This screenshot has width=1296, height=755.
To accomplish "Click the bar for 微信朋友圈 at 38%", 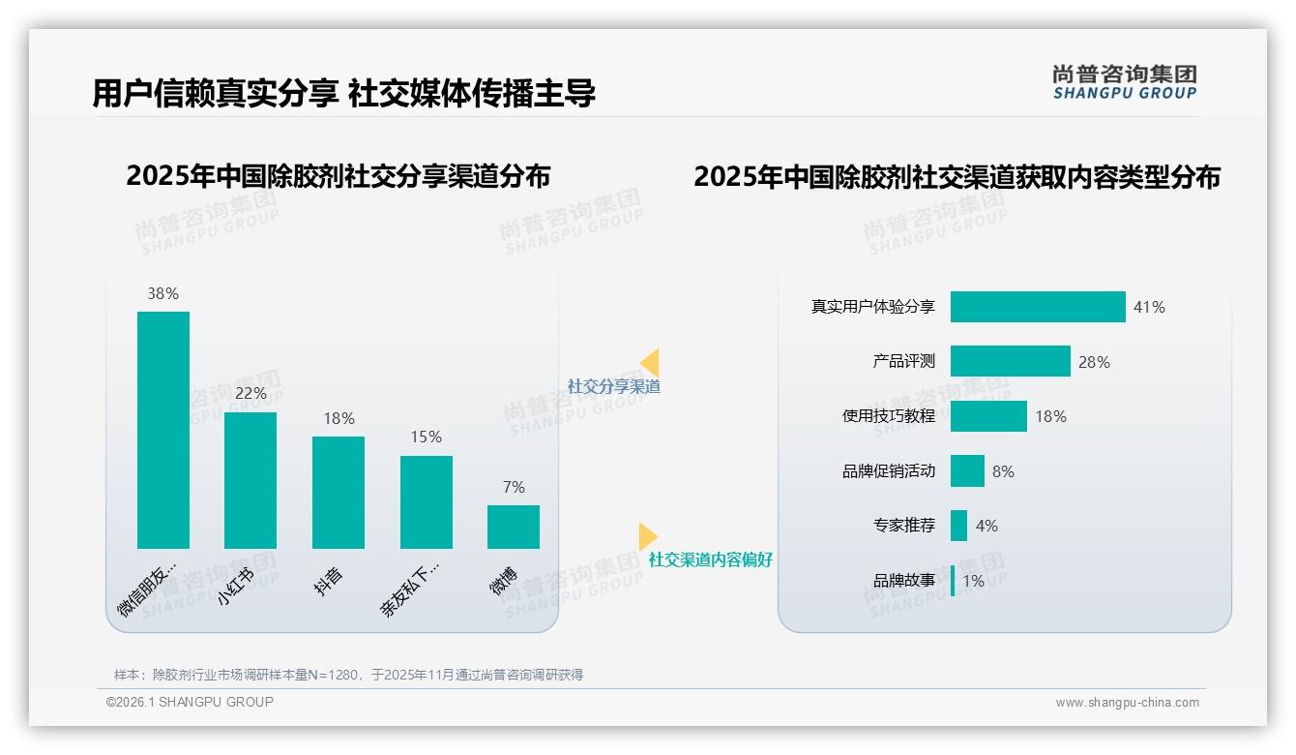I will click(x=163, y=430).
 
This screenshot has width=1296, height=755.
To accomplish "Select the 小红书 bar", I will click(x=250, y=480).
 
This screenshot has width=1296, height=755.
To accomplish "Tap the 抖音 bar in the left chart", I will click(x=339, y=492).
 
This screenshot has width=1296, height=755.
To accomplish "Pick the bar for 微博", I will click(x=514, y=527).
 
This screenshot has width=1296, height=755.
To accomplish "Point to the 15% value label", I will click(x=426, y=438).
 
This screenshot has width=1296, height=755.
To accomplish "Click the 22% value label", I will click(x=250, y=394).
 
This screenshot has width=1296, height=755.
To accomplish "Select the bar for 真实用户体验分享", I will click(x=1038, y=307).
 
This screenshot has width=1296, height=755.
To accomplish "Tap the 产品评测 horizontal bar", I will click(x=1010, y=361).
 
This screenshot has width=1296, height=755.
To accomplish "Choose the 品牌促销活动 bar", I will click(x=967, y=471).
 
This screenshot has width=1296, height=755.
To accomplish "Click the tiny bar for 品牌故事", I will click(x=953, y=581).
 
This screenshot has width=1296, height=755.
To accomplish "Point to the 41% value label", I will click(x=1149, y=308).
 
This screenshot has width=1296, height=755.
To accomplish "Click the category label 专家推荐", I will click(x=904, y=527).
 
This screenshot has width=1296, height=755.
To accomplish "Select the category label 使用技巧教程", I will click(x=889, y=416).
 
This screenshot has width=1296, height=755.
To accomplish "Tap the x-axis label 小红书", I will click(x=236, y=587).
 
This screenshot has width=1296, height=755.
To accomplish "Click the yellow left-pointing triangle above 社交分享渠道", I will click(x=650, y=363).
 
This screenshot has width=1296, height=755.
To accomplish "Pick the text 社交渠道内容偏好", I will click(x=711, y=560).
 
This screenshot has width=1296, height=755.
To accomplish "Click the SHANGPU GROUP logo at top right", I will click(x=1124, y=82).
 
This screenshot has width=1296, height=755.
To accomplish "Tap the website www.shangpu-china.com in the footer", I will click(x=1127, y=703).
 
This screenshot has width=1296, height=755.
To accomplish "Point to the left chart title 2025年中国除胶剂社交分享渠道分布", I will click(x=338, y=176).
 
